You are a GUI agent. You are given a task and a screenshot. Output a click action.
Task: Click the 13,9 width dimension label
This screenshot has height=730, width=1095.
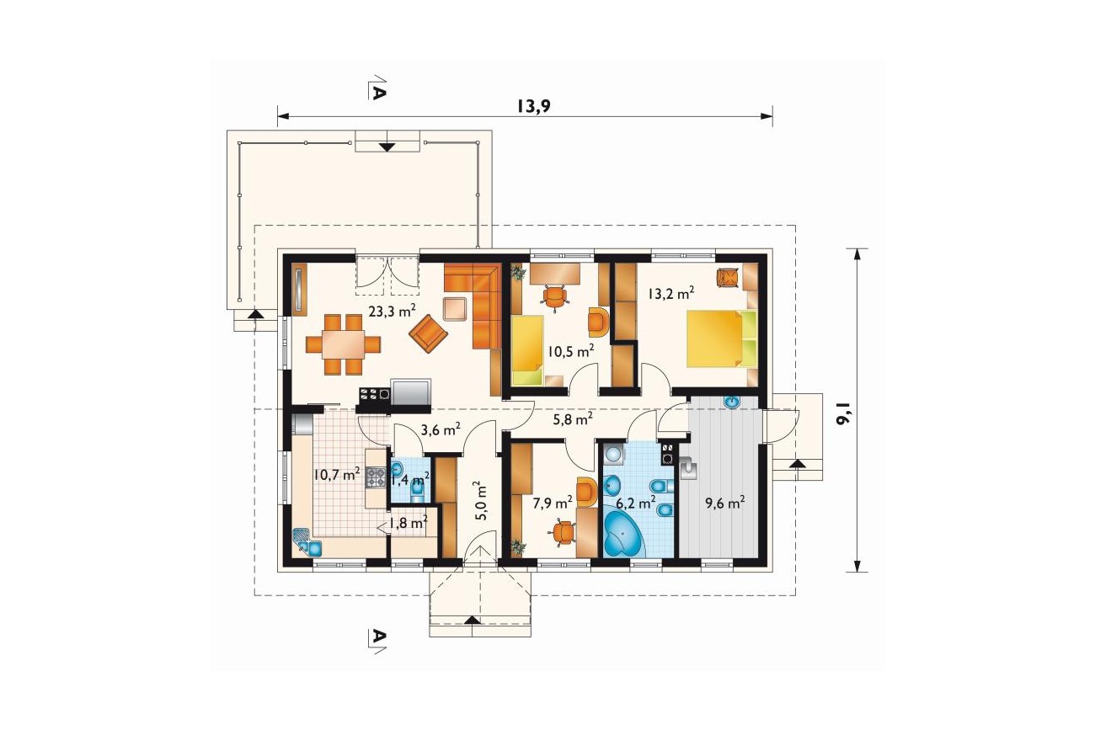coord(534,105)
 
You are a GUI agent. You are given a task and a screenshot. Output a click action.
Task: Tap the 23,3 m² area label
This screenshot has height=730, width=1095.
coord(392,311)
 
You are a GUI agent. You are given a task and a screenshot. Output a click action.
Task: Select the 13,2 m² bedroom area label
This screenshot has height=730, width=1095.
coord(671,293)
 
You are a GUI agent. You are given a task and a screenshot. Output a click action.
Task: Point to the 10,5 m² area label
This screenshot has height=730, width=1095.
coord(571,351)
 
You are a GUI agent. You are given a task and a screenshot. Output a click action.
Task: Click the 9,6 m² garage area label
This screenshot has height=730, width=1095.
coord(724,503)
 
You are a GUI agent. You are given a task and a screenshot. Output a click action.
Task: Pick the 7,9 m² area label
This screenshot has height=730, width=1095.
coord(553,503)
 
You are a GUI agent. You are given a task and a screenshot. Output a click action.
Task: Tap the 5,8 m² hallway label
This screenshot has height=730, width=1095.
coord(573,418)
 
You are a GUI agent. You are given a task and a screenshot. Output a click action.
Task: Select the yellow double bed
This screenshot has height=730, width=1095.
coord(722,338)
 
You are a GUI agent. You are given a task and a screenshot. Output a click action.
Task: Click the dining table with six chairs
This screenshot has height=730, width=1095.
coord(343,345)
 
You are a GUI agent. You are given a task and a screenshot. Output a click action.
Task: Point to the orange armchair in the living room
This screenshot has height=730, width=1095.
coord(428,333)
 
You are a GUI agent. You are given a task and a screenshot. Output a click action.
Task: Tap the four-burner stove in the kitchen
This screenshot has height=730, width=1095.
coord(376,477)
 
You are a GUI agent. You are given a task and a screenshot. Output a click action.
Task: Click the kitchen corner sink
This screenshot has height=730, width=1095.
coord(307,542)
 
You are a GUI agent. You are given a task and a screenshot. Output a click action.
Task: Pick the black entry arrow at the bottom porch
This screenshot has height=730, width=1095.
coord(472,620)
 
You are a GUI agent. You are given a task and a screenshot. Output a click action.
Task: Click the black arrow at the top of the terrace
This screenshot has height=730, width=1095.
coord(387,147)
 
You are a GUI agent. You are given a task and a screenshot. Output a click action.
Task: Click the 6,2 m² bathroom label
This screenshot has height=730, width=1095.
coord(635,503)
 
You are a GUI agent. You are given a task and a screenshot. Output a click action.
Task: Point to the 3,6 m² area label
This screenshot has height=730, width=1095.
coord(441,429)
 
